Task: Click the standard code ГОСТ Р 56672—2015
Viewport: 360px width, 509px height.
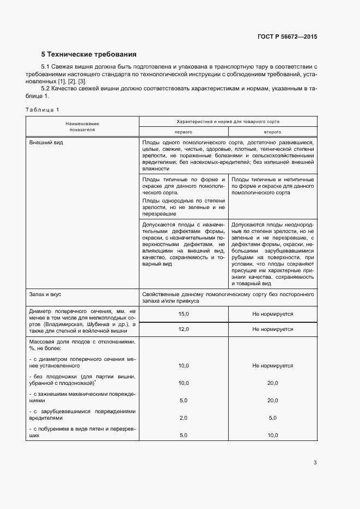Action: pos(287,37)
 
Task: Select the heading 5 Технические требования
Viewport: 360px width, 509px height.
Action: pos(89,54)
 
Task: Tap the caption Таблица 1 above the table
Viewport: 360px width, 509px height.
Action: pos(42,110)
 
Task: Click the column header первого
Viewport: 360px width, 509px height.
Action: pos(183,132)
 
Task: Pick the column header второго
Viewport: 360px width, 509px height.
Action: pos(272,132)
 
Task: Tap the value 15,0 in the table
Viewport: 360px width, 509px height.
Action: pos(184,314)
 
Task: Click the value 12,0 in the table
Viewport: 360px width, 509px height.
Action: pos(184,329)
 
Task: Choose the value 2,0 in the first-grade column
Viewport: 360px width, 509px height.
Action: pos(184,418)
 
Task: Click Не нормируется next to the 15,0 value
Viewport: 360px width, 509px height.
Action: pos(272,314)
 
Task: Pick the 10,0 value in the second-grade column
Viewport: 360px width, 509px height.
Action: pos(272,436)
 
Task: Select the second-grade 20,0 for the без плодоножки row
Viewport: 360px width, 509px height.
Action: pos(272,383)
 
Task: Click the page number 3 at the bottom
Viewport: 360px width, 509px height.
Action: pos(315,463)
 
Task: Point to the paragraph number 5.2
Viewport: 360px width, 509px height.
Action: pos(47,88)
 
